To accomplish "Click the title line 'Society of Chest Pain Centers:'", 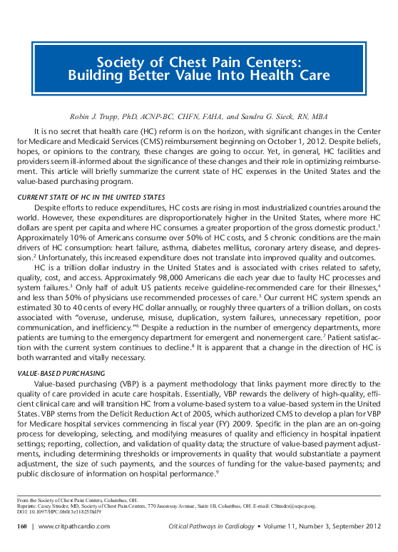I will pos(199,61).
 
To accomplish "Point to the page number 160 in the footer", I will pos(22,526).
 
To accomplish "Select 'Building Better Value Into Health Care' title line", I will pos(199,76).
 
